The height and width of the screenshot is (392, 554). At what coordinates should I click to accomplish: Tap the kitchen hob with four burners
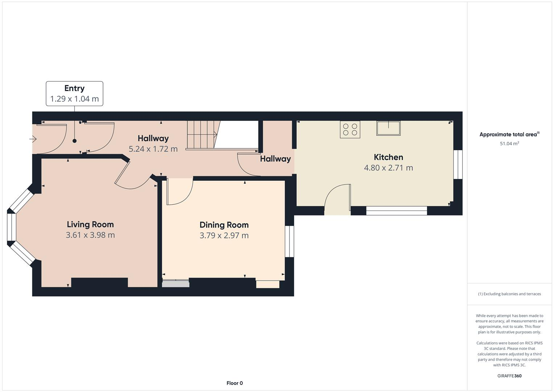(350, 130)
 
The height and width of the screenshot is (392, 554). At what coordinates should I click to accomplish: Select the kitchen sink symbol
(388, 128)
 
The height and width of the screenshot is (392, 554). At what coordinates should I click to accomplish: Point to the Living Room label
(90, 224)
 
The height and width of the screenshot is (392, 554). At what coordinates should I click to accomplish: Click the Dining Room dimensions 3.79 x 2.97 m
(224, 235)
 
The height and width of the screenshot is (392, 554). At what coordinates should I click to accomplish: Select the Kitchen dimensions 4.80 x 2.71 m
(388, 168)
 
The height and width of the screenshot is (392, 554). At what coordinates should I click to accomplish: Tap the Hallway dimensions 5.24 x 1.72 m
(153, 149)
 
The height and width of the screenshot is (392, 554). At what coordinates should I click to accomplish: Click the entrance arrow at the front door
(33, 139)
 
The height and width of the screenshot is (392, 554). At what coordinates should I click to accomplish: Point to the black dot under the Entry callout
(74, 141)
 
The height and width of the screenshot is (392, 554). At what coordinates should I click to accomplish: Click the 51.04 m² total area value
(509, 143)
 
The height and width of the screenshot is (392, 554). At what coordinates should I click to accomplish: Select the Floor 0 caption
(234, 383)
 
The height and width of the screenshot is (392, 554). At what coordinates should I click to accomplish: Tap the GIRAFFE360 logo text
(509, 376)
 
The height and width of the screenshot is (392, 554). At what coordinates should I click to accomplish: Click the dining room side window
(289, 241)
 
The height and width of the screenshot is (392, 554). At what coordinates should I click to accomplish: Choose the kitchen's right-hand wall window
(458, 164)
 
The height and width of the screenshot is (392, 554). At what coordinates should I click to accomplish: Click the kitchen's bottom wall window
(396, 211)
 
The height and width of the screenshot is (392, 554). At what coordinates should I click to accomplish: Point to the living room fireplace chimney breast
(99, 282)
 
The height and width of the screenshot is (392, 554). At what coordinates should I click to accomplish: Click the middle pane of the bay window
(12, 227)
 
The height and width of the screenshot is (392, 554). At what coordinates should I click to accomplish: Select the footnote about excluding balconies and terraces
(509, 294)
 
